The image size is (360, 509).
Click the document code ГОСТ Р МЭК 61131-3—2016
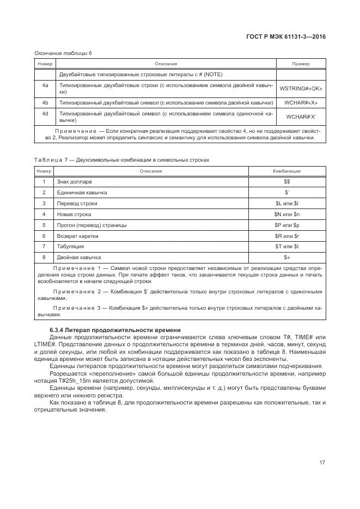click(x=288, y=37)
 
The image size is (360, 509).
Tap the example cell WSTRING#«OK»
click(x=301, y=89)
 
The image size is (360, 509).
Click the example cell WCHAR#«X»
click(x=301, y=102)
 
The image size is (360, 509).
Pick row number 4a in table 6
click(x=45, y=85)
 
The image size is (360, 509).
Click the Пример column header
click(x=301, y=64)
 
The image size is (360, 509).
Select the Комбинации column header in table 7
click(x=287, y=171)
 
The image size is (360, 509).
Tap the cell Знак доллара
click(x=75, y=181)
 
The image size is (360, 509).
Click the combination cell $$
click(x=287, y=181)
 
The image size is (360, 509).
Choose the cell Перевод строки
click(x=77, y=203)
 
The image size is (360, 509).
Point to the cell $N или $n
click(x=287, y=214)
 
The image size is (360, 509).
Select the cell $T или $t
click(x=287, y=246)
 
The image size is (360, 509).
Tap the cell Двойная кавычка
click(x=79, y=257)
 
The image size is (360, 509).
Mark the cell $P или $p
click(x=287, y=225)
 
